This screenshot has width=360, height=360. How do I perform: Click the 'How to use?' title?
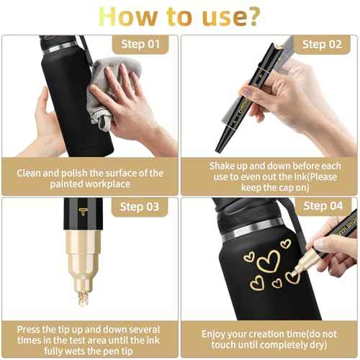point(179,17)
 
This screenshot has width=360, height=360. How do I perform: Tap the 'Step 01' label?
point(143,45)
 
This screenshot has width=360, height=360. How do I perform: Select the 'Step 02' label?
point(323,45)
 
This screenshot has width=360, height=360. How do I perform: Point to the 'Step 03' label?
point(143,207)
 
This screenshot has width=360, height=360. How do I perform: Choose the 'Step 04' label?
point(323,207)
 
